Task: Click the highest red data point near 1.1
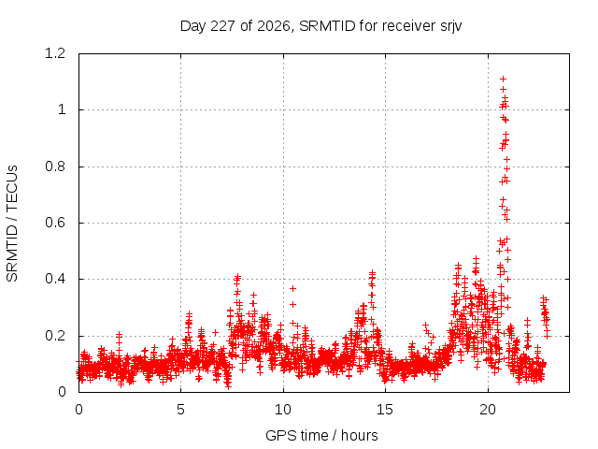pyautogui.click(x=503, y=79)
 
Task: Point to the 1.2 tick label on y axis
pyautogui.click(x=55, y=53)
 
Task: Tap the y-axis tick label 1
pyautogui.click(x=62, y=110)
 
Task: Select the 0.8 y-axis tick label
pyautogui.click(x=55, y=167)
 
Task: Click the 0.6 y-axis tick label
pyautogui.click(x=55, y=223)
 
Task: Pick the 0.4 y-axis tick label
pyautogui.click(x=55, y=279)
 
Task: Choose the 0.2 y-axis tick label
pyautogui.click(x=55, y=336)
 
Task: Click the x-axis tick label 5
pyautogui.click(x=180, y=410)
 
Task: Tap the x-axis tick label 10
pyautogui.click(x=283, y=410)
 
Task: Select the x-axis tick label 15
pyautogui.click(x=385, y=410)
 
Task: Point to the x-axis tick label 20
pyautogui.click(x=488, y=410)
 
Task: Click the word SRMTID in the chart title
pyautogui.click(x=327, y=26)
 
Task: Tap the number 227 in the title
pyautogui.click(x=222, y=26)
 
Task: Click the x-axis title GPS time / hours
pyautogui.click(x=321, y=435)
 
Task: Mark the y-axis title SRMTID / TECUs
pyautogui.click(x=12, y=224)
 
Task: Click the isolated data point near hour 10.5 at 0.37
pyautogui.click(x=292, y=288)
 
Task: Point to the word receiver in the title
pyautogui.click(x=408, y=26)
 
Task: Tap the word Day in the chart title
pyautogui.click(x=193, y=27)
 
